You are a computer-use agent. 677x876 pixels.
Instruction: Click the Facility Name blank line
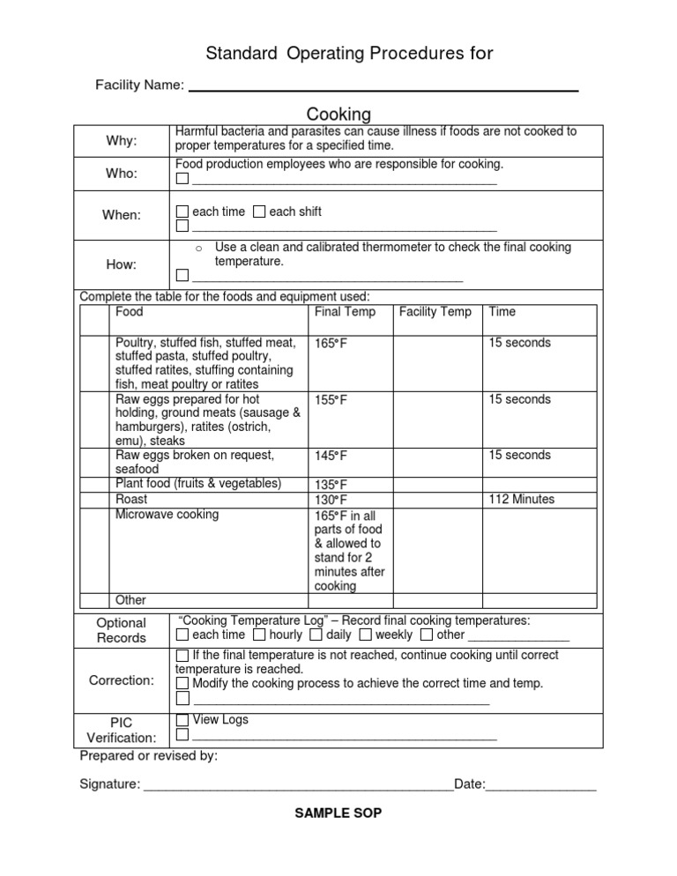click(x=383, y=90)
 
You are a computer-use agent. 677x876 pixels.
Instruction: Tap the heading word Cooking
click(x=338, y=115)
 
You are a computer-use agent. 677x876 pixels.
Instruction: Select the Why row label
click(x=122, y=141)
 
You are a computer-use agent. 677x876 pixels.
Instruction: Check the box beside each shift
click(x=259, y=212)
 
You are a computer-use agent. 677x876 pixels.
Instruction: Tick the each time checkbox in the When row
click(x=182, y=212)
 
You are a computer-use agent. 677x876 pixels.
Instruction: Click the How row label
click(x=122, y=264)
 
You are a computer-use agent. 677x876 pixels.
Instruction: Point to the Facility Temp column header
click(x=435, y=312)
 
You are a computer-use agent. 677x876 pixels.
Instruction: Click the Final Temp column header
click(x=345, y=312)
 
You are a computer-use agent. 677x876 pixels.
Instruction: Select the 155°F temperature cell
click(x=331, y=400)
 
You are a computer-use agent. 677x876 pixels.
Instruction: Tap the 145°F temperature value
click(x=331, y=456)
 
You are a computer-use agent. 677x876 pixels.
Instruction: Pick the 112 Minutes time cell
click(x=522, y=500)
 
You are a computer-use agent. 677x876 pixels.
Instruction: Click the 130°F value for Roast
click(x=331, y=500)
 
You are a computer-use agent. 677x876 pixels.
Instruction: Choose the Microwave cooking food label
click(x=167, y=515)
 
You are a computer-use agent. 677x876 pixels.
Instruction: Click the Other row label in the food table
click(x=131, y=600)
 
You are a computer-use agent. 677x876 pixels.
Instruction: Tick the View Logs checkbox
click(x=182, y=721)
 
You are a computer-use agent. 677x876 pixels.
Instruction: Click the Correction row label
click(x=122, y=680)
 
